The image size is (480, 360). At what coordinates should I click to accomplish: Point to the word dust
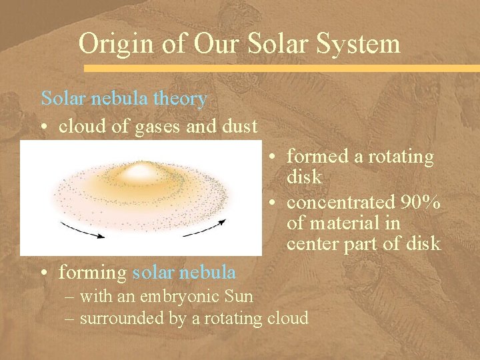237,127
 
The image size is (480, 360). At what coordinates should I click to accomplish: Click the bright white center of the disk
139,173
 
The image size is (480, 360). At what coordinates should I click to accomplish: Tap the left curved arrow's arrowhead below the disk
100,234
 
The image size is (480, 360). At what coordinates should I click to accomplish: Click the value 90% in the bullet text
420,202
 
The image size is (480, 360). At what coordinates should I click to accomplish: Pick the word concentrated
341,202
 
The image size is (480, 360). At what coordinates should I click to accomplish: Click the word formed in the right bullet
316,157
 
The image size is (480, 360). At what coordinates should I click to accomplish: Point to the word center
312,244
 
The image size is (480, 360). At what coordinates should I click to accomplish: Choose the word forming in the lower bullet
93,273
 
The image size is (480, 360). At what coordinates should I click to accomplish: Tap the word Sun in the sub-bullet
239,295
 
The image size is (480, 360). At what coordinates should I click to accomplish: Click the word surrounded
123,318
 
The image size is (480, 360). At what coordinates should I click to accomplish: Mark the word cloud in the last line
287,318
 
